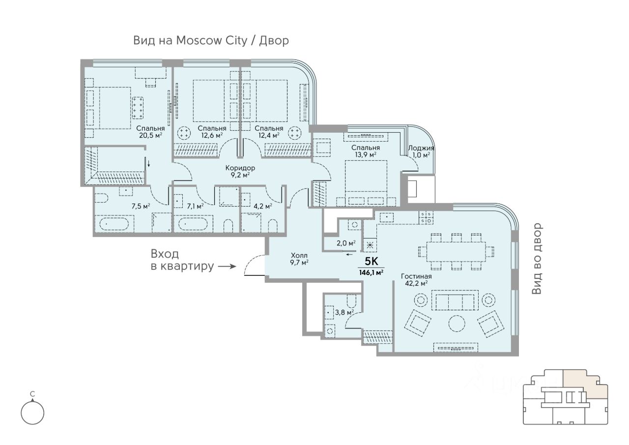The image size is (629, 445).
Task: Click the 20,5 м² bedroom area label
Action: pos(151,135)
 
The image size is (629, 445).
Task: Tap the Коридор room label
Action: pos(240,168)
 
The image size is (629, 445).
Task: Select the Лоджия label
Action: pos(421,148)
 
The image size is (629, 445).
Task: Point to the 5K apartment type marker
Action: pos(371,261)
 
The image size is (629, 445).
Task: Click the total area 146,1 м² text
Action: pos(371,272)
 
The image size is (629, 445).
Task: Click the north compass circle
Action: pos(32,413)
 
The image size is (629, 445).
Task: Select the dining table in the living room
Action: pos(456,251)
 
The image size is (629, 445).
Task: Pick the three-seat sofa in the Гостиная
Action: pos(455,300)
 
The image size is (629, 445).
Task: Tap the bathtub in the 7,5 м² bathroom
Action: pos(114,224)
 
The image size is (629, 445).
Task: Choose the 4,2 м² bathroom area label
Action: pos(263,207)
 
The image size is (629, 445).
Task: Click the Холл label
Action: pos(299,255)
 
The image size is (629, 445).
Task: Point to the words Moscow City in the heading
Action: pos(212,41)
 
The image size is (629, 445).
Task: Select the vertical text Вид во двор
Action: pos(537,259)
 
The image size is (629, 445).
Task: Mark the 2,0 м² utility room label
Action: pos(346,243)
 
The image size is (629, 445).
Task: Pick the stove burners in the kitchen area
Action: pos(426,218)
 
